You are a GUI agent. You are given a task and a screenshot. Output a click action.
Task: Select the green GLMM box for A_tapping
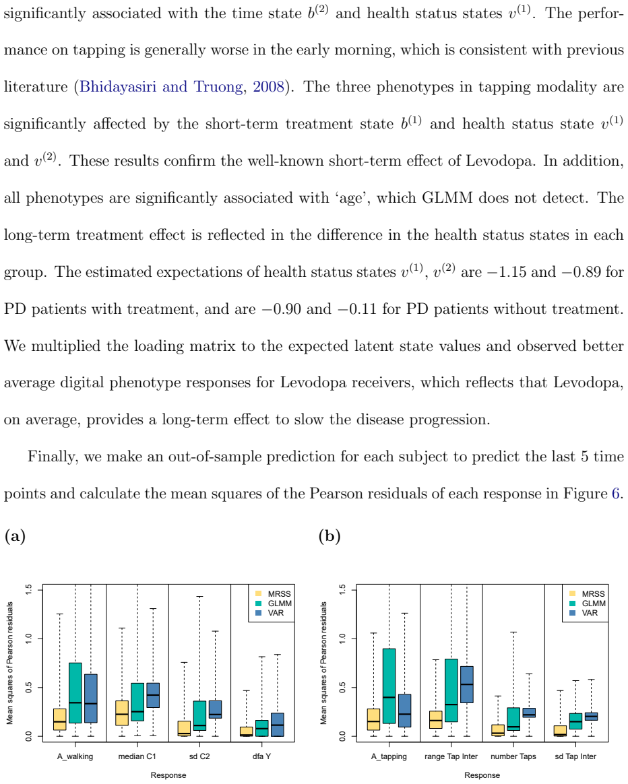click(x=389, y=686)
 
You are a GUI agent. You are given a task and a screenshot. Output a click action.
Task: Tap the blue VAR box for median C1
click(x=153, y=695)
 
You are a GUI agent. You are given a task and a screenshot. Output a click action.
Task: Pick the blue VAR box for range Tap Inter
click(x=466, y=684)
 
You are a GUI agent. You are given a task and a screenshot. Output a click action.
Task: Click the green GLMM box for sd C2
click(x=199, y=715)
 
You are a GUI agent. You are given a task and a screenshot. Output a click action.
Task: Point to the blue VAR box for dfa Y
click(x=277, y=725)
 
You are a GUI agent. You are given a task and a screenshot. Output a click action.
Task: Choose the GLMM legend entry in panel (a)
click(x=274, y=603)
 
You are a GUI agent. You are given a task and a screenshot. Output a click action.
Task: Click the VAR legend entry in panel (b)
click(x=584, y=613)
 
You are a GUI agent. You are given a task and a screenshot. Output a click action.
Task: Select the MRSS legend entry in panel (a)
click(x=273, y=594)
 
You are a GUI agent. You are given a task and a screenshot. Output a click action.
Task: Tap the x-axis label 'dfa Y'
click(x=261, y=756)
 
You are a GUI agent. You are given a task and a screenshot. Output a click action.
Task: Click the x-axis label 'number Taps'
click(x=513, y=756)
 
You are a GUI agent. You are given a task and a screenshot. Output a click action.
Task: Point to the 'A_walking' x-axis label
click(x=75, y=756)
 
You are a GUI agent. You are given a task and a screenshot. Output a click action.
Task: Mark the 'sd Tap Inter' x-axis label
click(x=575, y=756)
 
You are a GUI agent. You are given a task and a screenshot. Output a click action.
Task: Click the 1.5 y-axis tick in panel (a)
click(x=28, y=589)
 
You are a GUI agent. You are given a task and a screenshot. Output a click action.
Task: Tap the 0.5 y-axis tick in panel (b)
click(x=342, y=688)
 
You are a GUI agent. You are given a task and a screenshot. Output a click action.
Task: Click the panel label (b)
click(x=329, y=537)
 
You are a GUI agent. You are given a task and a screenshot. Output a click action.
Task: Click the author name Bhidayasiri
click(x=118, y=87)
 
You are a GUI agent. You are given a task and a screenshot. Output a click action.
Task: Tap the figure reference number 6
click(x=616, y=494)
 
